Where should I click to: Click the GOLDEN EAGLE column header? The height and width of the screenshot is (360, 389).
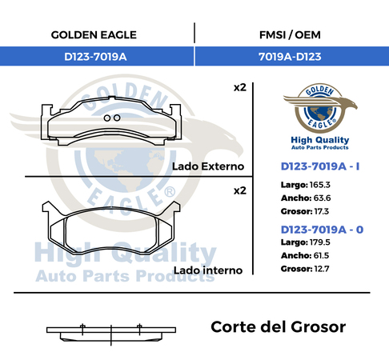click(94, 35)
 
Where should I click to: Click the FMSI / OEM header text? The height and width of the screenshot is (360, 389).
click(290, 35)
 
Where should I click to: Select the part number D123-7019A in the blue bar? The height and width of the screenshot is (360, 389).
click(95, 57)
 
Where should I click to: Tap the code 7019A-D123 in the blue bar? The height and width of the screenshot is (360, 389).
click(290, 57)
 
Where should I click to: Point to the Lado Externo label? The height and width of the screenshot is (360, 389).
click(208, 166)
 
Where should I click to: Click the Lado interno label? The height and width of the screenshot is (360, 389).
click(208, 270)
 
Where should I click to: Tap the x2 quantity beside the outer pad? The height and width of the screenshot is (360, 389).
click(240, 87)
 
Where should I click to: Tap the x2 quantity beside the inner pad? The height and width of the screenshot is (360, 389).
click(240, 190)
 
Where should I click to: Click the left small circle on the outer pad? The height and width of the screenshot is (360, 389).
click(107, 118)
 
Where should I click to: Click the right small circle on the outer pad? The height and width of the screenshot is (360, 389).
click(117, 118)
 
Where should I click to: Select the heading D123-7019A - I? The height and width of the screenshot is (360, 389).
click(320, 166)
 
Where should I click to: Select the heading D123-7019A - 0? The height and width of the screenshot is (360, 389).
click(322, 230)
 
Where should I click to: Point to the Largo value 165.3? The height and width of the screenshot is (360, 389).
click(319, 185)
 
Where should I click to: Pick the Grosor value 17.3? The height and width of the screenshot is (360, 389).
click(321, 211)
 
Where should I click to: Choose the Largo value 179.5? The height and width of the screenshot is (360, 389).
click(319, 242)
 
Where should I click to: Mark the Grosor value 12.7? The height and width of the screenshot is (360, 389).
click(322, 269)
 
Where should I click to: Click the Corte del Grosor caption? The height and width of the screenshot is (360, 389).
click(278, 327)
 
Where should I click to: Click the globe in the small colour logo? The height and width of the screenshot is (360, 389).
click(320, 113)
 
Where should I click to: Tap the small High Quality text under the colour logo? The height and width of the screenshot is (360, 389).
click(320, 140)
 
